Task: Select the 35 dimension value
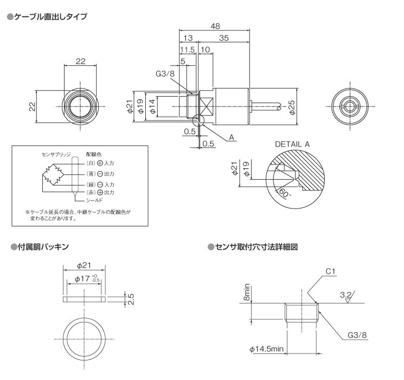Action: click(223, 38)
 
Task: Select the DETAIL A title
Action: click(292, 144)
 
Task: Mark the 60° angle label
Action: click(284, 192)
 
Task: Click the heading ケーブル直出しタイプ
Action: click(49, 16)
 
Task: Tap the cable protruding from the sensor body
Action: click(266, 105)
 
